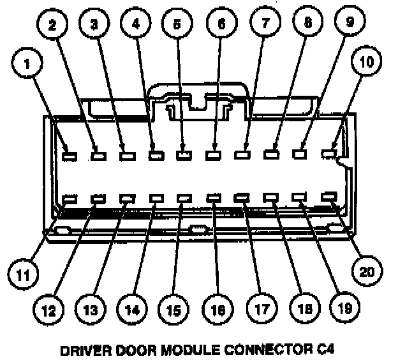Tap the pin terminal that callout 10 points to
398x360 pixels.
pos(329,153)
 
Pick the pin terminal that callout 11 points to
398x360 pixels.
pos(70,199)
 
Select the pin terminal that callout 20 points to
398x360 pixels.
pos(330,197)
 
